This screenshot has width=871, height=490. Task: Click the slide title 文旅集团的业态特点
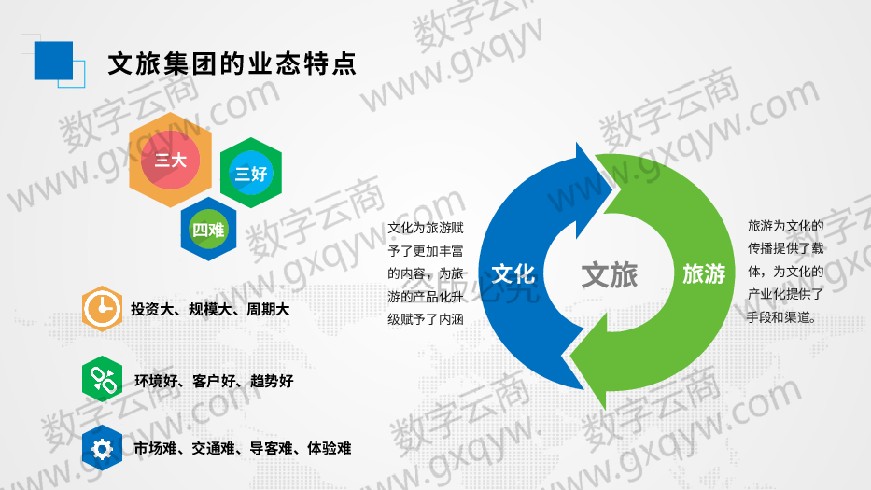232,63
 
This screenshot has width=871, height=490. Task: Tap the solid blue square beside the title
53,61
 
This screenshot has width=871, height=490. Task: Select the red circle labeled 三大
170,160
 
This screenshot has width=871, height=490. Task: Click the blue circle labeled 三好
251,173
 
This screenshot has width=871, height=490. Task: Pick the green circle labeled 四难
208,229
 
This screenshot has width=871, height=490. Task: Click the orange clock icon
102,308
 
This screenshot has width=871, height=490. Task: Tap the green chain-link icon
102,380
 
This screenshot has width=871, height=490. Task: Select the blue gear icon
102,448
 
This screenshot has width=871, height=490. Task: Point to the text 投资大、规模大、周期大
210,310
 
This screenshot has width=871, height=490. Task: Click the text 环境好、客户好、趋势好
214,381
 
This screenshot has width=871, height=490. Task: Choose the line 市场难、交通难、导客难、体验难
243,448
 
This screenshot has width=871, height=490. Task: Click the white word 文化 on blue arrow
513,273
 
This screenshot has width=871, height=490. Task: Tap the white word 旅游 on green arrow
704,273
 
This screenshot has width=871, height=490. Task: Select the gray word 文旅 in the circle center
610,275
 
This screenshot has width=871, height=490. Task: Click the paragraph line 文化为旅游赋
426,228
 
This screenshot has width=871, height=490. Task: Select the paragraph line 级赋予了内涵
426,319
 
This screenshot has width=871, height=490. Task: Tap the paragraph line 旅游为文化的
785,226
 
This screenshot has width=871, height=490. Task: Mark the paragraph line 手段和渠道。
781,317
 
